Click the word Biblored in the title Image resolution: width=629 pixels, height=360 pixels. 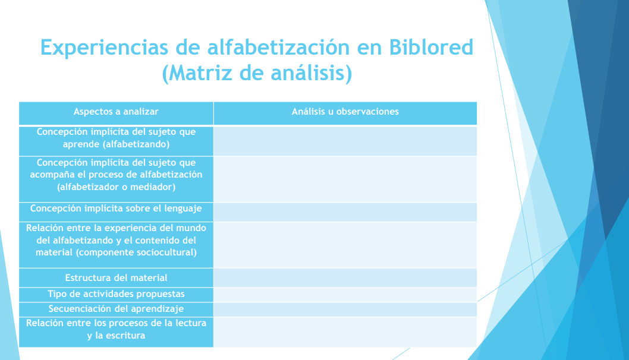pyautogui.click(x=431, y=48)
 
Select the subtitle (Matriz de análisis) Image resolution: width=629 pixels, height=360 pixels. pyautogui.click(x=257, y=73)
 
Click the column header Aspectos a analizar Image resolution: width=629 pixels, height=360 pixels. pyautogui.click(x=116, y=112)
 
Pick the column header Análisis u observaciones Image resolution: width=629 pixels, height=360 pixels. pyautogui.click(x=345, y=112)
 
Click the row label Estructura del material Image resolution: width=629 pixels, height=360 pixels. pyautogui.click(x=116, y=278)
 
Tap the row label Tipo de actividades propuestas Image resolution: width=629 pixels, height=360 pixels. pyautogui.click(x=116, y=294)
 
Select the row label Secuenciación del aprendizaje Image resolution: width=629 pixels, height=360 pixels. pyautogui.click(x=116, y=309)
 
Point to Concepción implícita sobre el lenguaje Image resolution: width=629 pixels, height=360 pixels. pyautogui.click(x=116, y=209)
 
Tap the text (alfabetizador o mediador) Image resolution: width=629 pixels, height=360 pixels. pyautogui.click(x=116, y=187)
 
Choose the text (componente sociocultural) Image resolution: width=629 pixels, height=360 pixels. pyautogui.click(x=136, y=252)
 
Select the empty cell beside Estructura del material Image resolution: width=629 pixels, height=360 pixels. pyautogui.click(x=345, y=278)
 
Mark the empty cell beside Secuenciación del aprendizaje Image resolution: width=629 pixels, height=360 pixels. pyautogui.click(x=345, y=310)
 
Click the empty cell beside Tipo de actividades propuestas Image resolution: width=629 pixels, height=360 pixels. pyautogui.click(x=345, y=295)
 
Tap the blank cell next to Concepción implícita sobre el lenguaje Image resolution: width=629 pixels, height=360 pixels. pyautogui.click(x=345, y=212)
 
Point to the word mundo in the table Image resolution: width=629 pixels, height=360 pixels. pyautogui.click(x=191, y=228)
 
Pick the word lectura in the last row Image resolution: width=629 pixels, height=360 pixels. pyautogui.click(x=191, y=323)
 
